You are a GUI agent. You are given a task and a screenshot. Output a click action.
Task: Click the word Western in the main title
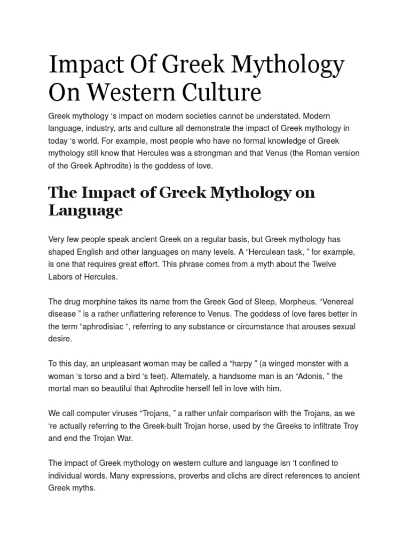127,92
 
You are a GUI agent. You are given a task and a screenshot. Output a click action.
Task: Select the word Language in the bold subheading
85,210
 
